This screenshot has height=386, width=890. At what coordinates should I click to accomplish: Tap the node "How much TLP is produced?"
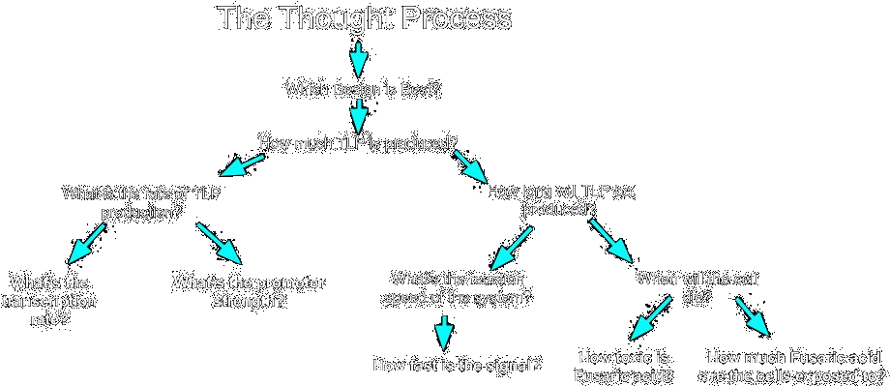pos(358,142)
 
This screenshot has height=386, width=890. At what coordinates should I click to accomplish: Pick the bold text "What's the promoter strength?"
pos(249,291)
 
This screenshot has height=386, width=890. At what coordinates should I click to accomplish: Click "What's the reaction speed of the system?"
pos(458,287)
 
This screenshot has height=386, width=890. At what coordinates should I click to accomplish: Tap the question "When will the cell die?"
pos(697,287)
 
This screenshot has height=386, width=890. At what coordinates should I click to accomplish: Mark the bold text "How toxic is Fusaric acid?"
pos(624,367)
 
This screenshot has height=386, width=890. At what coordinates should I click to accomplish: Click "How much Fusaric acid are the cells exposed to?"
pos(794,367)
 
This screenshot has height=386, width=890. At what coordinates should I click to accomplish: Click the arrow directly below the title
pos(358,57)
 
